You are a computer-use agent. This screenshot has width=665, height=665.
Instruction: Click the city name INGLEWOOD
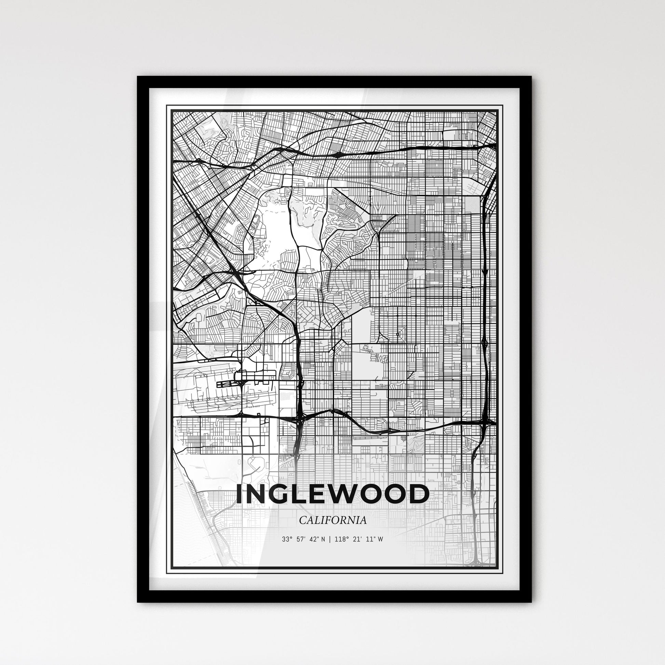click(x=332, y=494)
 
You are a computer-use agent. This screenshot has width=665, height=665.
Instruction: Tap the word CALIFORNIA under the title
click(x=332, y=530)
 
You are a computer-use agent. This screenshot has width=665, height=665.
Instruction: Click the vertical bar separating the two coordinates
click(x=329, y=549)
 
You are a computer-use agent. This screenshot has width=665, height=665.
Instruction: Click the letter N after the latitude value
click(x=322, y=549)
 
